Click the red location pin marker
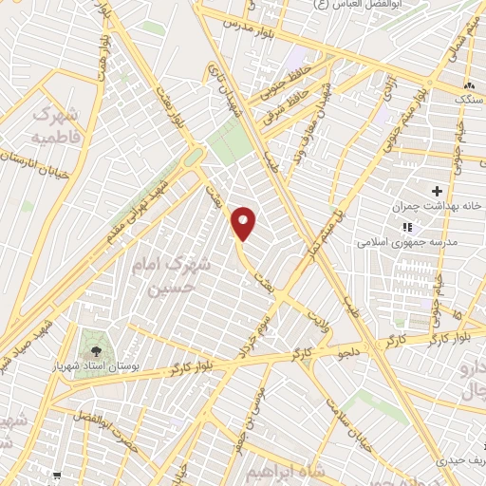pyautogui.click(x=244, y=224)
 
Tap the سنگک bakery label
pyautogui.click(x=469, y=98)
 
